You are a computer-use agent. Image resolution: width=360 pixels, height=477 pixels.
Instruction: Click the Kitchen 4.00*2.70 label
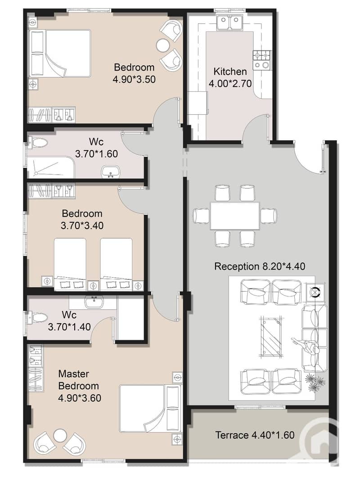230,77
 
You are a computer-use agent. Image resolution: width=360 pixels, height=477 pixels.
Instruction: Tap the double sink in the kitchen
230,23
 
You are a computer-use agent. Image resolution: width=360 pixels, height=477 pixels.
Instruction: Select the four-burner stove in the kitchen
262,59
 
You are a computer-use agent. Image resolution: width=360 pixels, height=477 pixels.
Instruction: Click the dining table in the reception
235,216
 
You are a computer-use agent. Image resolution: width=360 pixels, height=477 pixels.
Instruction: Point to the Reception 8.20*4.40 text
260,266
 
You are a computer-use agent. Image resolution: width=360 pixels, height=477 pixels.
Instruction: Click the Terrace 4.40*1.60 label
255,435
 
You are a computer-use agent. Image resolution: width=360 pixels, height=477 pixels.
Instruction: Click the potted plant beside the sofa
315,382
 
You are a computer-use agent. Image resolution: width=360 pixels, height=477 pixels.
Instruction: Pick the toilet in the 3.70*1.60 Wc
38,142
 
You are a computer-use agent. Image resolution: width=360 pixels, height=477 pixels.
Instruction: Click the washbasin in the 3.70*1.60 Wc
109,171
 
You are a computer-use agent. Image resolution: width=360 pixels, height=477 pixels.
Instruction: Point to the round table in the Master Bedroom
59,435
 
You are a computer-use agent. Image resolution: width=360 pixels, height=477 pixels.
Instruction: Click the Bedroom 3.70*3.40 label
82,220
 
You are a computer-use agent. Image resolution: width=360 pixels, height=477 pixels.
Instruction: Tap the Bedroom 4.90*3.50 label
134,73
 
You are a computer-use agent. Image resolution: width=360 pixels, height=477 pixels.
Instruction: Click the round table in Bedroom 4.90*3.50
163,45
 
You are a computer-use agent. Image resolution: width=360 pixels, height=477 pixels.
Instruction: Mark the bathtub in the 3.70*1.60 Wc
51,167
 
